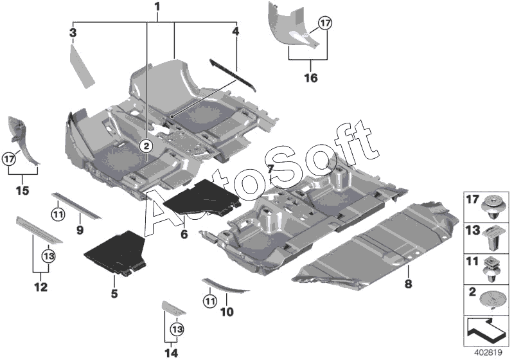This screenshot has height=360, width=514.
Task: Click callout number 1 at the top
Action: pyautogui.click(x=156, y=8)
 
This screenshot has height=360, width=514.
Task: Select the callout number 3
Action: pyautogui.click(x=73, y=32)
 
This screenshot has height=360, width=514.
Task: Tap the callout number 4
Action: pyautogui.click(x=236, y=31)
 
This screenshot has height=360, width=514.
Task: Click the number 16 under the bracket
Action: pyautogui.click(x=310, y=78)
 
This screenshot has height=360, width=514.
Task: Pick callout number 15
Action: pyautogui.click(x=22, y=191)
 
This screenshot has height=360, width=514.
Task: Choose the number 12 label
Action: pyautogui.click(x=40, y=287)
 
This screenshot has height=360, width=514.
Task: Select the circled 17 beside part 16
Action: pyautogui.click(x=325, y=24)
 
